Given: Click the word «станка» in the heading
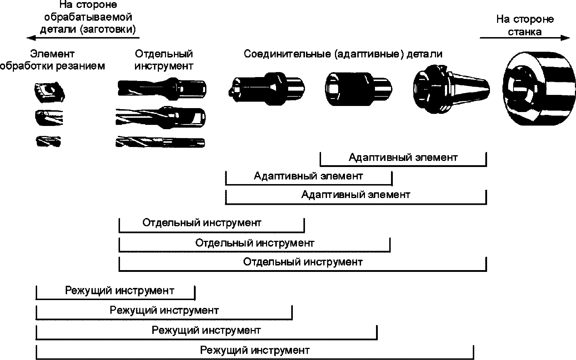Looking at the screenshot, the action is (x=525, y=32).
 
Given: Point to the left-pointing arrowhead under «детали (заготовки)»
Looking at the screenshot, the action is (x=31, y=38).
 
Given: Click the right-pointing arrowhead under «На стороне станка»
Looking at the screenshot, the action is (x=565, y=38).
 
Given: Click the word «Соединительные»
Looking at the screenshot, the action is (x=287, y=54).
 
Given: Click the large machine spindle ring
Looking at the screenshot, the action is (x=539, y=88).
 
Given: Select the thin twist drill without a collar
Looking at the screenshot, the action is (x=160, y=142).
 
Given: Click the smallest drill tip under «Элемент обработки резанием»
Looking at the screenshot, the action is (x=48, y=141).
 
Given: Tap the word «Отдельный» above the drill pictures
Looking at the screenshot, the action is (x=164, y=54).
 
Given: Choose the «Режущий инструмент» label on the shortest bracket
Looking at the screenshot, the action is (x=120, y=291).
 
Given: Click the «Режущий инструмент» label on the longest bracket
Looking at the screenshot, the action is (x=255, y=350).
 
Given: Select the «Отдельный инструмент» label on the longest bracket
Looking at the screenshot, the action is (x=303, y=262).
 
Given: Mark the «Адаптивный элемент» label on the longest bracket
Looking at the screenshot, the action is (x=356, y=194).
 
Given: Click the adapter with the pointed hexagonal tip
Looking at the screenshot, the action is (x=267, y=89).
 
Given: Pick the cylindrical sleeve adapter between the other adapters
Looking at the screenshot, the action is (x=359, y=89).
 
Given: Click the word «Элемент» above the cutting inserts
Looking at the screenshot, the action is (x=52, y=54).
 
